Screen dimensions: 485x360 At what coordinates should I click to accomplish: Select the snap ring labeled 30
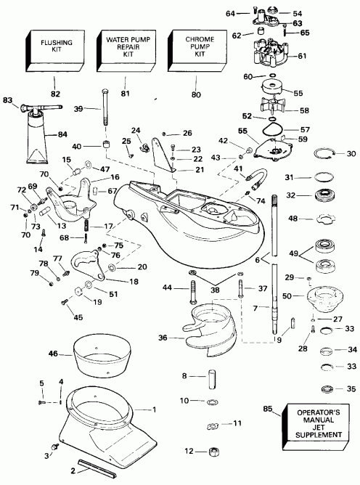325,153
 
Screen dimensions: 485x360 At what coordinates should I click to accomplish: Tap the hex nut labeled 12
211,452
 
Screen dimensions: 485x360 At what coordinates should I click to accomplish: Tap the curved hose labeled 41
260,176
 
